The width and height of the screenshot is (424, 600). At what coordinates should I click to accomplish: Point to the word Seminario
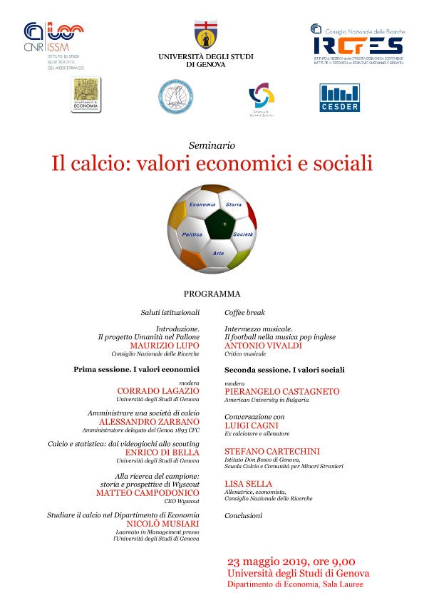tap(212, 145)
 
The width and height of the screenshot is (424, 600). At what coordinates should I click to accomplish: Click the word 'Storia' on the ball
tap(233, 205)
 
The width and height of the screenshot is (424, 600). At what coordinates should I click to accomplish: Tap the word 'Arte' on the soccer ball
tap(218, 253)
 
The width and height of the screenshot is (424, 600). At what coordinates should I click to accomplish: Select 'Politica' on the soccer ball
tap(192, 234)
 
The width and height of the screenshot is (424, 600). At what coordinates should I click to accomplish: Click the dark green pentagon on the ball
tap(222, 227)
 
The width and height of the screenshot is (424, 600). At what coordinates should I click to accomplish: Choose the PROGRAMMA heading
tap(212, 294)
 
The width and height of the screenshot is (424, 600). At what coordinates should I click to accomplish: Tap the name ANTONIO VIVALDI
tap(263, 345)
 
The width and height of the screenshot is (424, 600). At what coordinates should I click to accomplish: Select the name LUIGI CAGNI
tap(251, 425)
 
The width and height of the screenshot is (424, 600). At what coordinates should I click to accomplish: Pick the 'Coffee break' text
tap(244, 312)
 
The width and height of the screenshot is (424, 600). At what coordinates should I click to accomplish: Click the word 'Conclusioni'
tap(244, 514)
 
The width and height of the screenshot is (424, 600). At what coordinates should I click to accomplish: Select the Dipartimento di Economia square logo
tap(86, 95)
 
